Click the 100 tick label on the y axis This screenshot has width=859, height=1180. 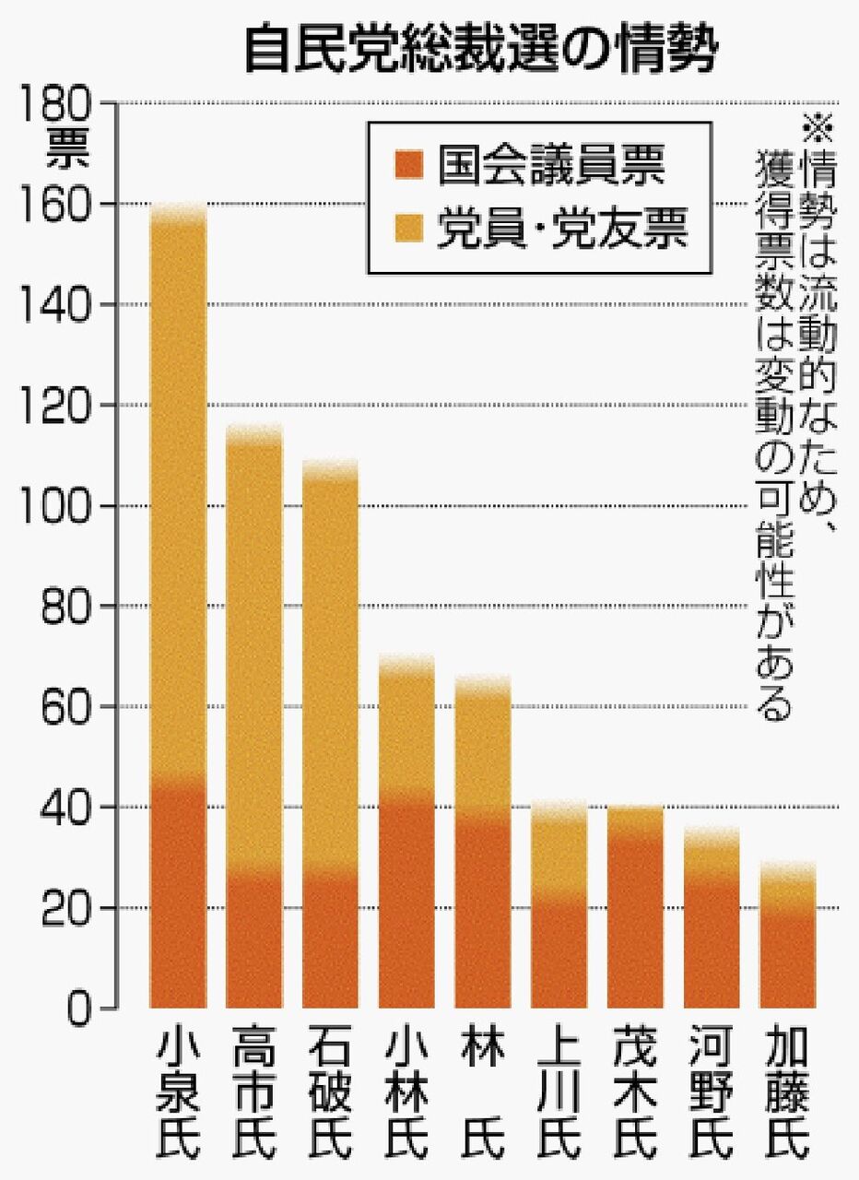click(64, 506)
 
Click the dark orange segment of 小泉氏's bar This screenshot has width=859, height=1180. click(178, 894)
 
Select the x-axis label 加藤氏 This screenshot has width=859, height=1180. click(787, 1092)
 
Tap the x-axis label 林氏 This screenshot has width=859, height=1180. click(483, 1092)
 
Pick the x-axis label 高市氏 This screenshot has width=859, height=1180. click(254, 1092)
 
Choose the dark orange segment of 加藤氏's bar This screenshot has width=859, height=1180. click(787, 959)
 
